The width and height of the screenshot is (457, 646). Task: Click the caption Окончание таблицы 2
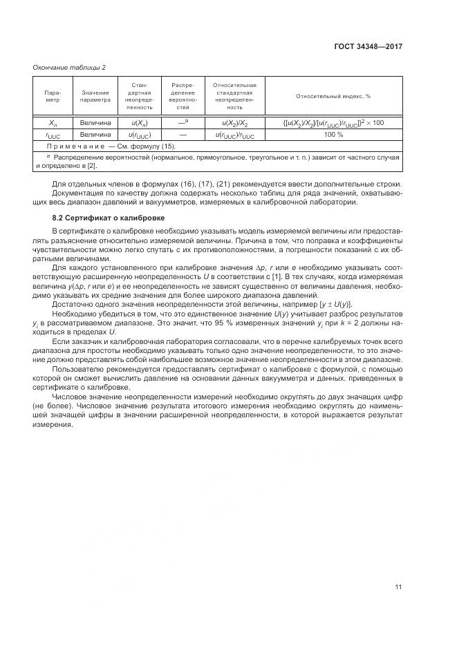pyautogui.click(x=70, y=67)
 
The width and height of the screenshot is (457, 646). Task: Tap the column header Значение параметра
pyautogui.click(x=95, y=97)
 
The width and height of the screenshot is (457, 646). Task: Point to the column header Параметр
pyautogui.click(x=53, y=97)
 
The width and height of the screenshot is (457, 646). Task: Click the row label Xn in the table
pyautogui.click(x=53, y=122)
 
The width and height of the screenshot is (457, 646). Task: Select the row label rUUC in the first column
pyautogui.click(x=53, y=135)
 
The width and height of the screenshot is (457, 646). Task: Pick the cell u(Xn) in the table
pyautogui.click(x=140, y=122)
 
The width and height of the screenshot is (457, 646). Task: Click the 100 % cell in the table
pyautogui.click(x=333, y=135)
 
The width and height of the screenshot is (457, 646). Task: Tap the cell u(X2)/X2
pyautogui.click(x=234, y=122)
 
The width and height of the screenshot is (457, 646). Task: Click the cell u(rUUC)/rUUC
pyautogui.click(x=234, y=135)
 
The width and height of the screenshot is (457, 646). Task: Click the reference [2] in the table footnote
pyautogui.click(x=91, y=167)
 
